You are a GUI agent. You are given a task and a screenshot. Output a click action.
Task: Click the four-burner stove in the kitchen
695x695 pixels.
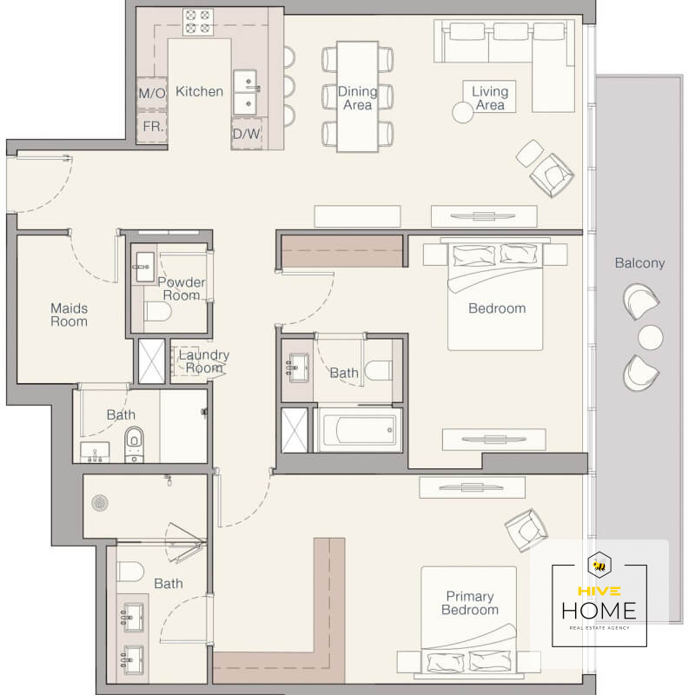tap(198, 22)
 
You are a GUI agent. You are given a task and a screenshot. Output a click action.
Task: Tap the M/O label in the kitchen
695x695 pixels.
tap(151, 93)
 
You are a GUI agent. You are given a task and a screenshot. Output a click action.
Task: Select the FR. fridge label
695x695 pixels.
tap(153, 127)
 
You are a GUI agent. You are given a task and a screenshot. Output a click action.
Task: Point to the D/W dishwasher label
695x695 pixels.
tap(247, 134)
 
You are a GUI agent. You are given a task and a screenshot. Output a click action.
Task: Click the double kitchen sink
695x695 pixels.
tap(245, 92)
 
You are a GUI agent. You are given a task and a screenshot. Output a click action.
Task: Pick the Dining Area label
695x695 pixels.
tap(357, 98)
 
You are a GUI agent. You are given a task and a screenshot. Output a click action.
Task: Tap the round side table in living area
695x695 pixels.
tap(462, 112)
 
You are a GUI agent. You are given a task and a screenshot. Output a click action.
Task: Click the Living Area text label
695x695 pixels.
tap(490, 98)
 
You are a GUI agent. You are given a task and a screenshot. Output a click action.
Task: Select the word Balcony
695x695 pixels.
tap(639, 263)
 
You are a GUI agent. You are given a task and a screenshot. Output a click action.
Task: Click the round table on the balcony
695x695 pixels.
tap(651, 337)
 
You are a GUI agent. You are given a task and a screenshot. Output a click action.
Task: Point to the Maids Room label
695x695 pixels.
tap(69, 314)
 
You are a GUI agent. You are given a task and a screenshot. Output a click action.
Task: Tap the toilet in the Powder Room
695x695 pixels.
tap(158, 312)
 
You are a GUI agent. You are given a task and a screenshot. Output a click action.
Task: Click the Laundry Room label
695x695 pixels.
tap(204, 361)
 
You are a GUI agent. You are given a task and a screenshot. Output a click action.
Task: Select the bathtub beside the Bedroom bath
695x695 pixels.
tap(360, 430)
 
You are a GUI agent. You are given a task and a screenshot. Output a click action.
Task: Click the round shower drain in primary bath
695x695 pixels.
tap(100, 503)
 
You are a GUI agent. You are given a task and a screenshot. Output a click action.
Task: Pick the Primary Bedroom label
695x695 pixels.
tap(470, 603)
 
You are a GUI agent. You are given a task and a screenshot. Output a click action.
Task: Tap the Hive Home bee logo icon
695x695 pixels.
tap(599, 566)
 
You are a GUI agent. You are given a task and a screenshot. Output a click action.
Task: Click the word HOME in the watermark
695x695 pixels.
tap(599, 611)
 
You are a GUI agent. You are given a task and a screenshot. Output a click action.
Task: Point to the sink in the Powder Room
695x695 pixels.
tap(145, 267)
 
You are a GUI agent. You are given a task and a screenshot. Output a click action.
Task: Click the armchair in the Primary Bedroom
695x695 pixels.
tap(526, 530)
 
